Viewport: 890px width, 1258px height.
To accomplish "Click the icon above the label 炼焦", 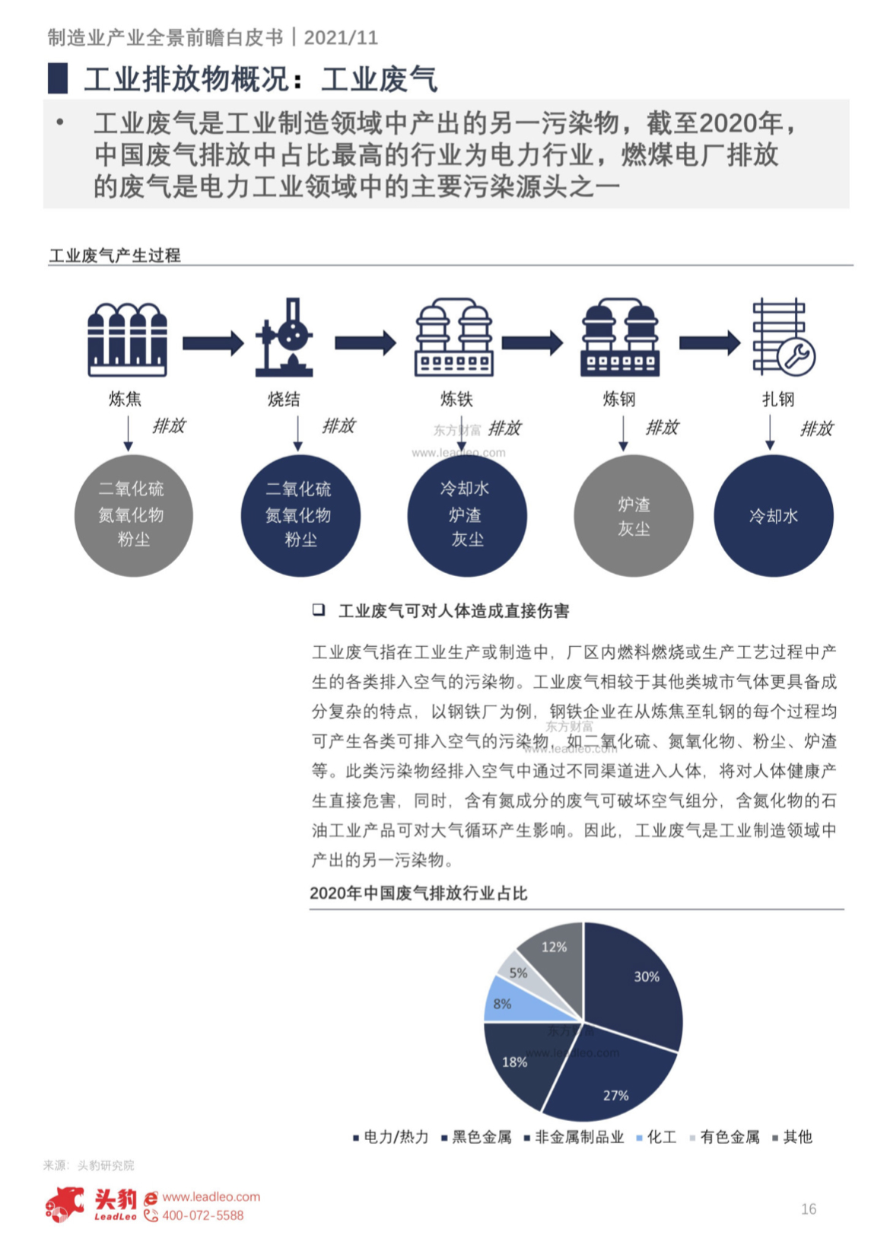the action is click(128, 339).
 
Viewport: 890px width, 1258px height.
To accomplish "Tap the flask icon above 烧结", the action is click(284, 337).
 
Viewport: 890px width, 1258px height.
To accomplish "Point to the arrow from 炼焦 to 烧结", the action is click(213, 343).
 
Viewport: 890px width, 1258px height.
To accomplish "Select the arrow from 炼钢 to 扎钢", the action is click(710, 342).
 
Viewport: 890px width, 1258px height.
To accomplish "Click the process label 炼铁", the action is click(456, 400).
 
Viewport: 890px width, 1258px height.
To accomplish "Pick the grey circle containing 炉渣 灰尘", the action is click(634, 515).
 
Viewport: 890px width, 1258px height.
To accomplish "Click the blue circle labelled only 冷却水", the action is click(773, 515).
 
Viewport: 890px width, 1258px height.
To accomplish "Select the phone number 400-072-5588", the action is click(202, 1215).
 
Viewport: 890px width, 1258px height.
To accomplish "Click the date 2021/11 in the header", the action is click(341, 37).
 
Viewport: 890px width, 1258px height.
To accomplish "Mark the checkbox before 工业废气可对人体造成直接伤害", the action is click(319, 610).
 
